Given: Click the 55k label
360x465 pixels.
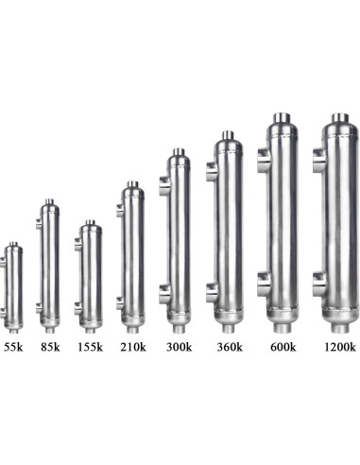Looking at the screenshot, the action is [x=14, y=347].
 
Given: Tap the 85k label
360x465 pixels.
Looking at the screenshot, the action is [x=50, y=347].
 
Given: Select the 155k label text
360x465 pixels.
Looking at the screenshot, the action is [x=91, y=347].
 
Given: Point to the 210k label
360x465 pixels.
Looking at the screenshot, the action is [x=133, y=347].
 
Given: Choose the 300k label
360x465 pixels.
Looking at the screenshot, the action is [x=179, y=347].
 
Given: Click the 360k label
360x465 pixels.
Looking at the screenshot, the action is [x=230, y=347].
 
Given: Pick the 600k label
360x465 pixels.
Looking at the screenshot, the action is [x=283, y=347].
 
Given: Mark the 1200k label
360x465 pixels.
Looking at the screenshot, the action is [x=340, y=347].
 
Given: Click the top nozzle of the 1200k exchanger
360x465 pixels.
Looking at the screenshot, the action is [x=340, y=118].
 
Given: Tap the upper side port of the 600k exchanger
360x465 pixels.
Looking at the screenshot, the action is [x=264, y=160].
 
